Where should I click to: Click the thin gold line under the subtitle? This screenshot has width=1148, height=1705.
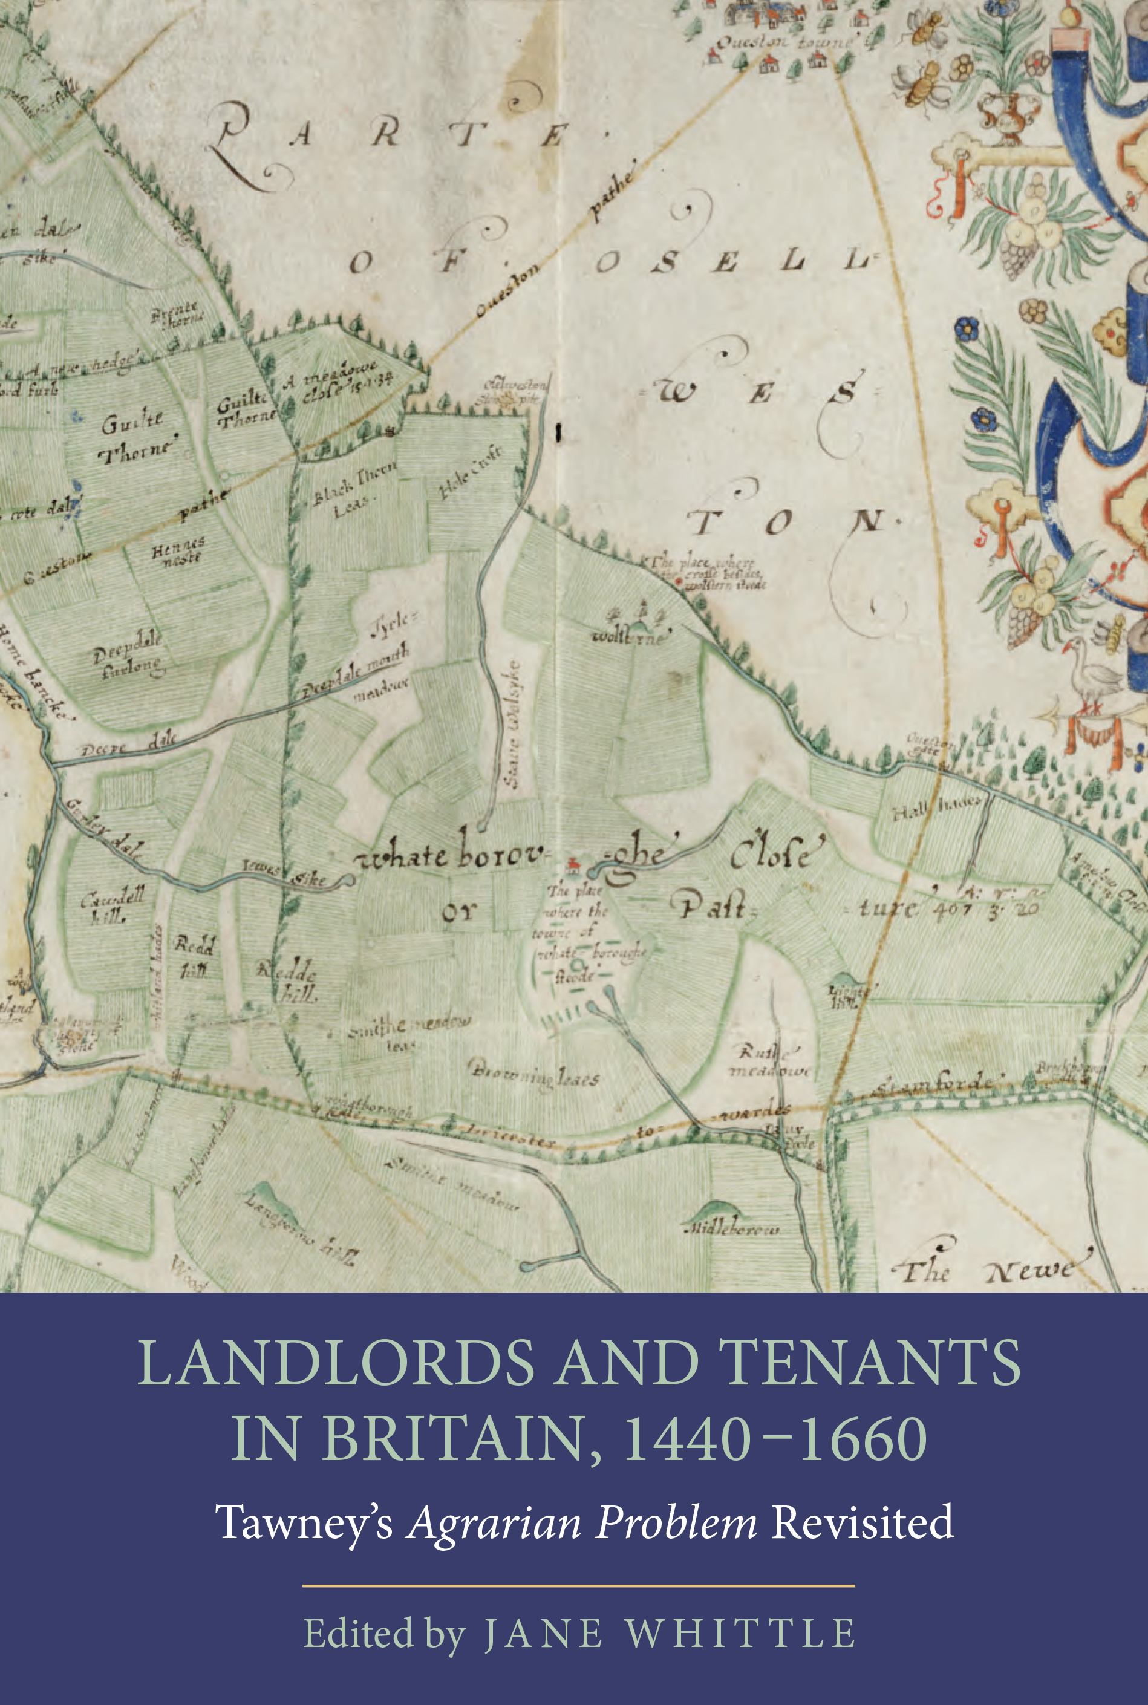[x=578, y=1586]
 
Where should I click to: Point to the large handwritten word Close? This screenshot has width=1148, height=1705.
[x=777, y=855]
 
